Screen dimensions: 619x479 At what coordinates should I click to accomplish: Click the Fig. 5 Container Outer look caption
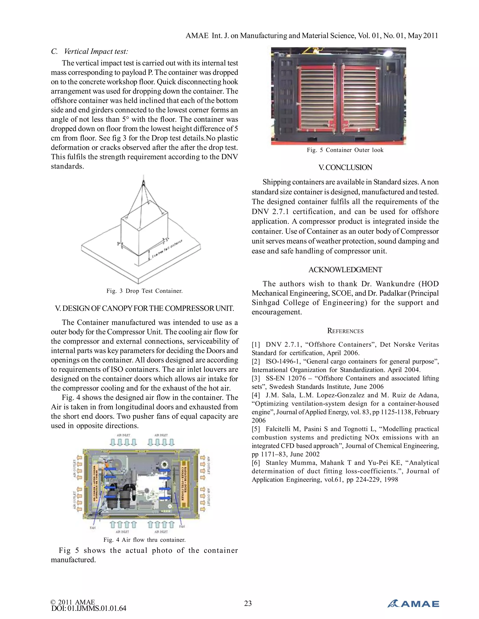coord(345,150)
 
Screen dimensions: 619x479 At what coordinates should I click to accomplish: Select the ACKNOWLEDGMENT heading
coord(345,270)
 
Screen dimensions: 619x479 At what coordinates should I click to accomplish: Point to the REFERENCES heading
coord(345,331)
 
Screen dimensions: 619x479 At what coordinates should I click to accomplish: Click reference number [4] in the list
coord(256,395)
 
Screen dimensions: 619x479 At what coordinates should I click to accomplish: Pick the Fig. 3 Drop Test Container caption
coord(145,291)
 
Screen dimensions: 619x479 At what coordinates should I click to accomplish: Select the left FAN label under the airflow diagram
coord(93,528)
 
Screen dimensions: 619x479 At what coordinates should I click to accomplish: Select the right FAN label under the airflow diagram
coord(182,526)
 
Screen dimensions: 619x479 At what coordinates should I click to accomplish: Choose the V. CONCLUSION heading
coord(345,167)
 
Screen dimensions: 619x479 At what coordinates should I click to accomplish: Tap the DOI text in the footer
coord(89,608)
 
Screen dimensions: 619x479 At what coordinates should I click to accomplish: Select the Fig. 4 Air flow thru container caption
coord(145,540)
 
